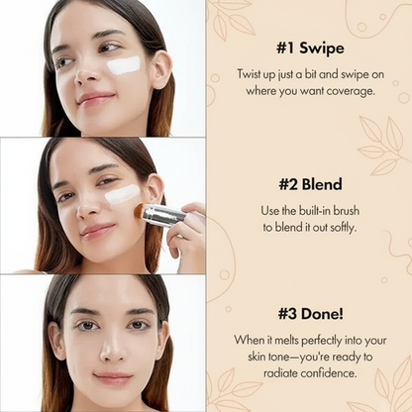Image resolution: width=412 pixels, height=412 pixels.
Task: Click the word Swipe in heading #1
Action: pyautogui.click(x=322, y=49)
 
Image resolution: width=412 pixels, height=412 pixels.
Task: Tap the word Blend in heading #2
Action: pyautogui.click(x=322, y=184)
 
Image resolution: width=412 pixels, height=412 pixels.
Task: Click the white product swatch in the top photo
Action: pyautogui.click(x=124, y=64)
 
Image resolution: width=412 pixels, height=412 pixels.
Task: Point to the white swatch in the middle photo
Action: pyautogui.click(x=122, y=194)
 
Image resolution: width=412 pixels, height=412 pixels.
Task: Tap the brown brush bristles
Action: pyautogui.click(x=140, y=210)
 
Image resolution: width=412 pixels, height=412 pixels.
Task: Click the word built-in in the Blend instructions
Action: pyautogui.click(x=315, y=211)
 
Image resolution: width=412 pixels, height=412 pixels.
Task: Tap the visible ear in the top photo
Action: pyautogui.click(x=161, y=69)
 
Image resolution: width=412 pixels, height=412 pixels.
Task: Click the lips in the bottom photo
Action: pyautogui.click(x=113, y=378)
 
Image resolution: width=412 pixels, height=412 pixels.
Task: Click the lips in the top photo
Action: pyautogui.click(x=95, y=98)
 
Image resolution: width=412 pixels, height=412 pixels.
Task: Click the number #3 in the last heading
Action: pyautogui.click(x=288, y=314)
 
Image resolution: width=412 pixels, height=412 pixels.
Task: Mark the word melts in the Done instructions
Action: pyautogui.click(x=286, y=340)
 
